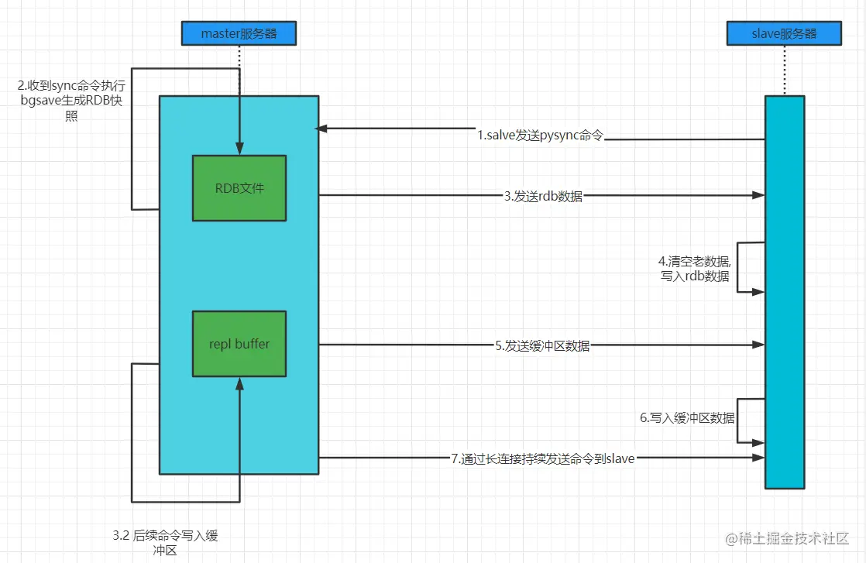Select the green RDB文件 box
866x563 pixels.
click(x=239, y=187)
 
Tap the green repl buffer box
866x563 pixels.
click(x=239, y=344)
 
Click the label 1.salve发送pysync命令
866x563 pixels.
click(x=540, y=136)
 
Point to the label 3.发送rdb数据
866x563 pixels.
click(x=542, y=197)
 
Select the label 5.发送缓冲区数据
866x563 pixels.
click(x=542, y=346)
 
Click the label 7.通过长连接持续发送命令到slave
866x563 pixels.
click(x=542, y=458)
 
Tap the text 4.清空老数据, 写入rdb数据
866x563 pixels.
click(x=694, y=268)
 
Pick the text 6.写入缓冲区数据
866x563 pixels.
click(x=687, y=417)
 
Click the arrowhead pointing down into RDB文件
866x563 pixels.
click(x=239, y=149)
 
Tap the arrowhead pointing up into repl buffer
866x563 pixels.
click(x=239, y=383)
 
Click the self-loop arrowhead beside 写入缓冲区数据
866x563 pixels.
click(x=759, y=442)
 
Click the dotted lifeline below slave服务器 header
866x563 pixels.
click(x=784, y=70)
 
